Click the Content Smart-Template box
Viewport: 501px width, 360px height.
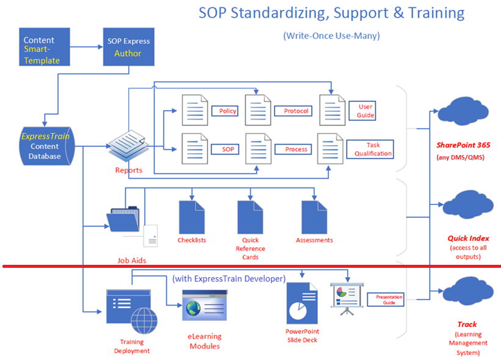pos(45,47)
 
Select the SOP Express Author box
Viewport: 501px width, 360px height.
pos(128,47)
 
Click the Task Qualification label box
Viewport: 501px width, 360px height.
pos(370,149)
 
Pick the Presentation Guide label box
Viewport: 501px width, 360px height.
pos(386,300)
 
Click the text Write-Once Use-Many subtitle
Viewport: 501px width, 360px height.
pos(331,36)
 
